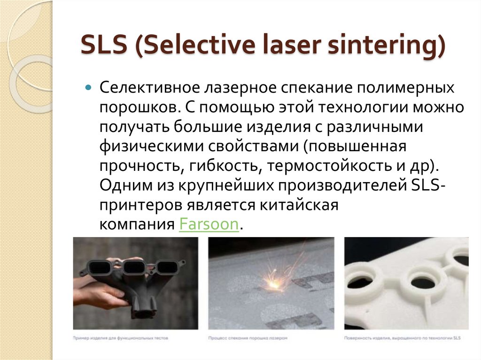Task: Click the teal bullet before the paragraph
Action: [x=88, y=88]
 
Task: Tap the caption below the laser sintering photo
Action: [x=247, y=337]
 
